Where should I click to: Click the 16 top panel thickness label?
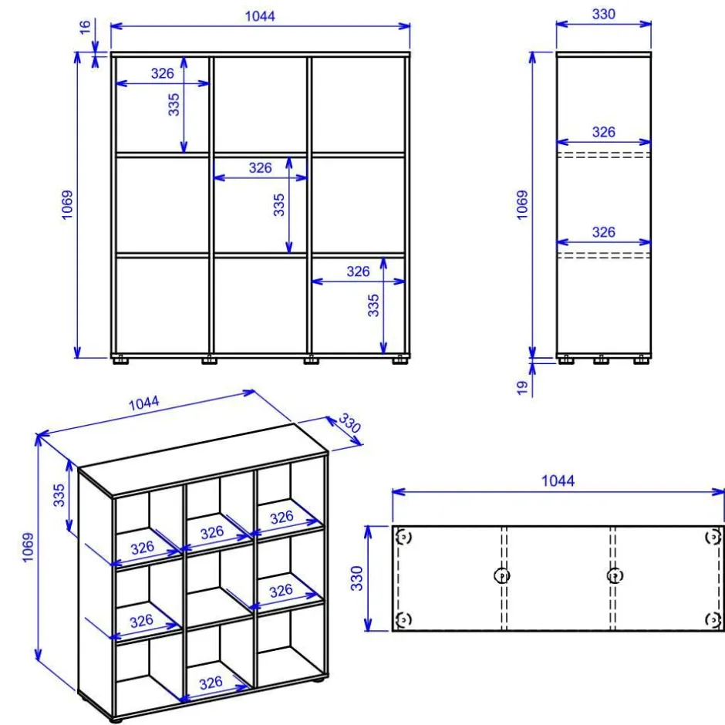point(85,27)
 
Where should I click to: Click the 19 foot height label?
point(522,387)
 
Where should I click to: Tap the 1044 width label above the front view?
point(260,16)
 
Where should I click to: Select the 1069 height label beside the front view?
point(67,204)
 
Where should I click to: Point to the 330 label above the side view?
point(603,14)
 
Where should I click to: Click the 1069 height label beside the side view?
point(522,204)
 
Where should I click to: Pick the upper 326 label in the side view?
point(603,132)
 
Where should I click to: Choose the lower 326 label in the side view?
point(603,231)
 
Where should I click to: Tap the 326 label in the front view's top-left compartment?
point(162,73)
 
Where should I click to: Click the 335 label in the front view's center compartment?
point(278,205)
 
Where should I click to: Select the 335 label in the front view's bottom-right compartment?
point(373,305)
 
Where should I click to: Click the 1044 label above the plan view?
point(558,481)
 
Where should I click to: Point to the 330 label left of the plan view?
point(356,578)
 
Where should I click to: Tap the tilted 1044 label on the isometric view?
point(143,403)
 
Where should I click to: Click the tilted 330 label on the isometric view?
point(349,423)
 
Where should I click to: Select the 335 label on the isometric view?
point(59,495)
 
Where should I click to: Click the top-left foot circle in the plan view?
point(403,538)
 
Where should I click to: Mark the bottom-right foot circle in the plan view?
point(713,619)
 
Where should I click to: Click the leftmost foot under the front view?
point(120,359)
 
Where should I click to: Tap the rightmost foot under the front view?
point(400,359)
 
